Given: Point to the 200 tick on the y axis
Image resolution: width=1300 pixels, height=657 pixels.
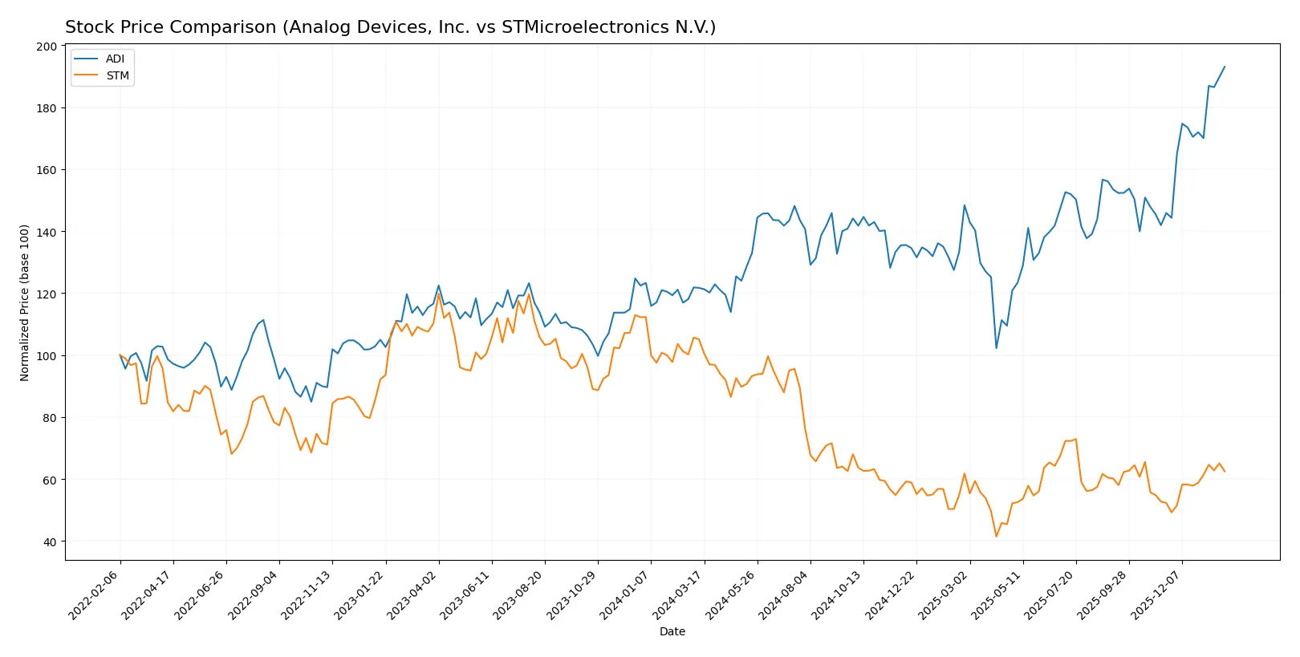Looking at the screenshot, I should [x=47, y=47].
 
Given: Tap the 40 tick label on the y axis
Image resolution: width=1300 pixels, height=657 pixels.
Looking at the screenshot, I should [x=50, y=542].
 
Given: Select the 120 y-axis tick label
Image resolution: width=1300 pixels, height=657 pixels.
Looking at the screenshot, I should [x=47, y=294].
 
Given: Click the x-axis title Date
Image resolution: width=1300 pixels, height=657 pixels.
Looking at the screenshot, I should [x=672, y=631].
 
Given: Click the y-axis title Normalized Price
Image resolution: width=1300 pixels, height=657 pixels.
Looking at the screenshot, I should [x=25, y=302].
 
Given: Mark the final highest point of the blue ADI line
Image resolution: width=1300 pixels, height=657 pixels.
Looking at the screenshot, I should [x=1225, y=67].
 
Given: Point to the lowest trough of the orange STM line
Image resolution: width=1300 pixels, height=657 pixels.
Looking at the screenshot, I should [x=997, y=537].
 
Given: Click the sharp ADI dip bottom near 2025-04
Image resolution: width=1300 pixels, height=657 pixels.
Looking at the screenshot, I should [x=997, y=347].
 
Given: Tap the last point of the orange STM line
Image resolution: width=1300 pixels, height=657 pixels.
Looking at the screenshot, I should [x=1225, y=472].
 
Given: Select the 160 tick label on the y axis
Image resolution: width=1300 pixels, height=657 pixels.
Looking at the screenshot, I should [x=47, y=170].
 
